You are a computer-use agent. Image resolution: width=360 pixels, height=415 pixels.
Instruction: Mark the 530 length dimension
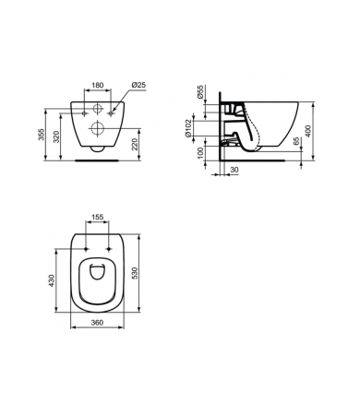(138, 274)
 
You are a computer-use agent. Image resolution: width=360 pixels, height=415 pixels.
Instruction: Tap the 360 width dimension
(99, 323)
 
